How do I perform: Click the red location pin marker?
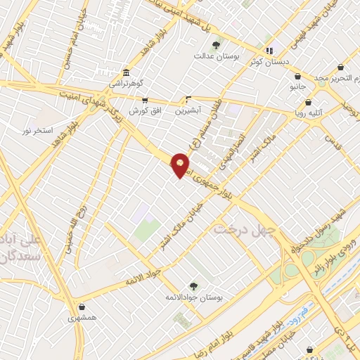[180, 165]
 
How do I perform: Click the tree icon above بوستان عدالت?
[215, 45]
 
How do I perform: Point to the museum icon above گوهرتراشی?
[126, 73]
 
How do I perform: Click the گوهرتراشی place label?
[125, 83]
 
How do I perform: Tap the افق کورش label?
[145, 111]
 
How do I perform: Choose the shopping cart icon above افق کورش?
[145, 101]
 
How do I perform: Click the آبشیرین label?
[188, 110]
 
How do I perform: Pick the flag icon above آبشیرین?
[188, 100]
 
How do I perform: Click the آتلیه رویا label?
[309, 110]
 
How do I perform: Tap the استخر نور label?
[37, 131]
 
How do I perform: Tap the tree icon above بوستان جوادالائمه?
[193, 286]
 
